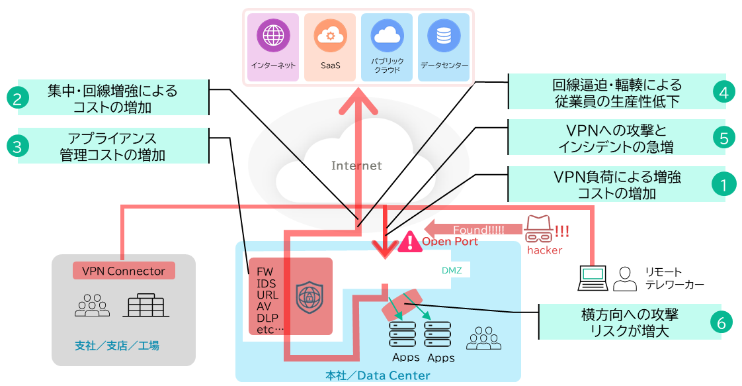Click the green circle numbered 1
(x=724, y=184)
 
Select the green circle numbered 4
(x=724, y=92)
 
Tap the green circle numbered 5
(x=724, y=138)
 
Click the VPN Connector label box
(x=123, y=271)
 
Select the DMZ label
(x=452, y=270)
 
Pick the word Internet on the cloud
(x=356, y=166)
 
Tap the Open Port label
(x=450, y=242)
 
